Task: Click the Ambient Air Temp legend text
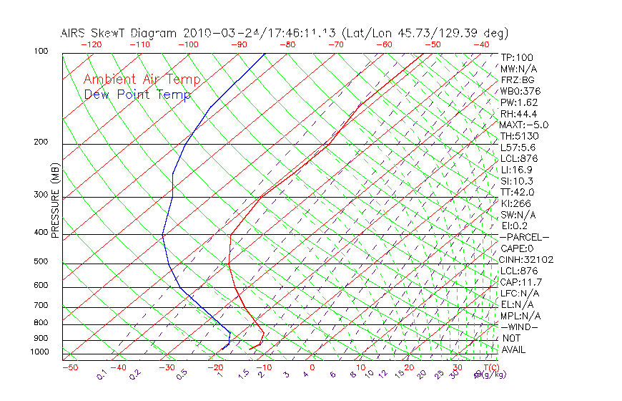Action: [142, 79]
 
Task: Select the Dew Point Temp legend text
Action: [137, 95]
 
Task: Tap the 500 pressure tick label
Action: [41, 261]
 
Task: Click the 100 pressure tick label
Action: [41, 52]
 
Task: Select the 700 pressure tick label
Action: [41, 306]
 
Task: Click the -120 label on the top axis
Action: [91, 44]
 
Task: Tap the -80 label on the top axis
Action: [287, 44]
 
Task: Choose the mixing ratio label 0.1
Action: [101, 375]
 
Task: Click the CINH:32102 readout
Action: [527, 259]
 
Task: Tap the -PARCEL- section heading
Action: [525, 237]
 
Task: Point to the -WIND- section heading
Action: [520, 327]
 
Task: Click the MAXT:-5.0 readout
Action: [524, 125]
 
